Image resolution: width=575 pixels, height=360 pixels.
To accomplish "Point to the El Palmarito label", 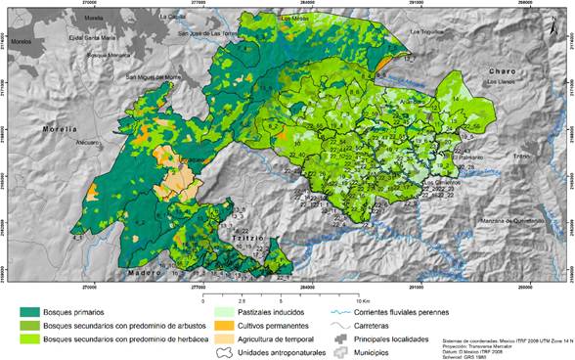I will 454,157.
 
